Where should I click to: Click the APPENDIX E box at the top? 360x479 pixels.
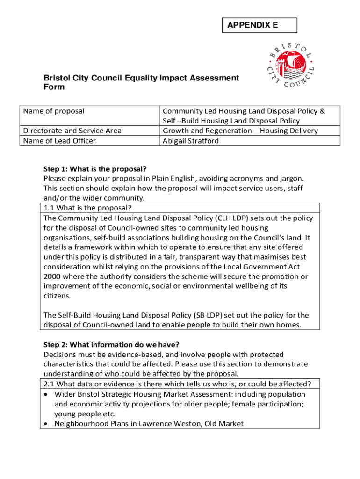[x=259, y=25]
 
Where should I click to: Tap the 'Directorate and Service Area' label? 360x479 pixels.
[x=72, y=131]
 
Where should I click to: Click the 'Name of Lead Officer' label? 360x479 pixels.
[x=59, y=141]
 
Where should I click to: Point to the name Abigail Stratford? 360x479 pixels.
[x=190, y=141]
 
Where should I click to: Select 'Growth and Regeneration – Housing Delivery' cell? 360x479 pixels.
[x=240, y=131]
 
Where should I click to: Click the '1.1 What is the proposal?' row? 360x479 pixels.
[x=87, y=208]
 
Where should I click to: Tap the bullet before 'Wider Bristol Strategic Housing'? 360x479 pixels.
[x=47, y=394]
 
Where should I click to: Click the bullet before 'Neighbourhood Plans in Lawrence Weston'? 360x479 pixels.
[x=47, y=424]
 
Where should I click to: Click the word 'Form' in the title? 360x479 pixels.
[x=54, y=87]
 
